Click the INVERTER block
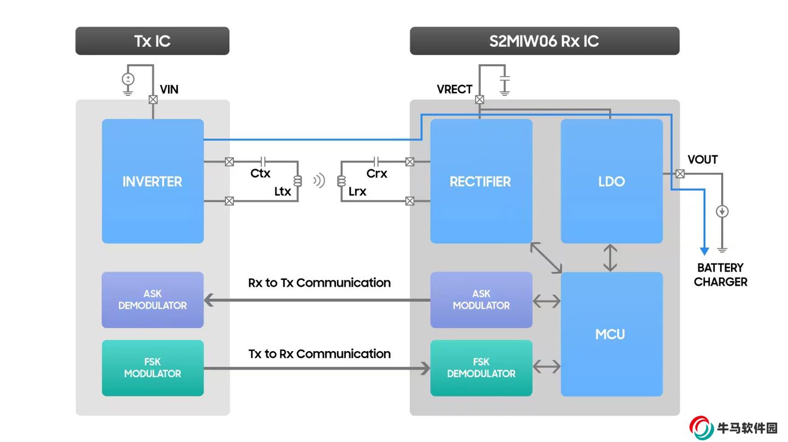pyautogui.click(x=153, y=181)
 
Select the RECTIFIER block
pyautogui.click(x=480, y=181)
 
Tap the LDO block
pyautogui.click(x=611, y=181)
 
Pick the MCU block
pyautogui.click(x=611, y=334)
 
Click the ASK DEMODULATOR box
pyautogui.click(x=153, y=300)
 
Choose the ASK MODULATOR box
pyautogui.click(x=481, y=300)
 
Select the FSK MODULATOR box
pyautogui.click(x=153, y=368)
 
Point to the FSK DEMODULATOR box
pyautogui.click(x=481, y=368)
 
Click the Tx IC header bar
pyautogui.click(x=152, y=41)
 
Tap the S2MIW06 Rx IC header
pyautogui.click(x=544, y=41)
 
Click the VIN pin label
pyautogui.click(x=169, y=89)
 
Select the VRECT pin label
pyautogui.click(x=454, y=89)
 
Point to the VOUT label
pyautogui.click(x=703, y=159)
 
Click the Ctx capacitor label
pyautogui.click(x=260, y=174)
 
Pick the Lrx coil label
pyautogui.click(x=357, y=192)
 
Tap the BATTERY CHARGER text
pyautogui.click(x=720, y=275)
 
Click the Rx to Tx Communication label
pyautogui.click(x=320, y=283)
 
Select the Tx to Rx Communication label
pyautogui.click(x=320, y=354)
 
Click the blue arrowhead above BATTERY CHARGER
pyautogui.click(x=704, y=251)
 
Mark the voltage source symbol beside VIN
pyautogui.click(x=128, y=79)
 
